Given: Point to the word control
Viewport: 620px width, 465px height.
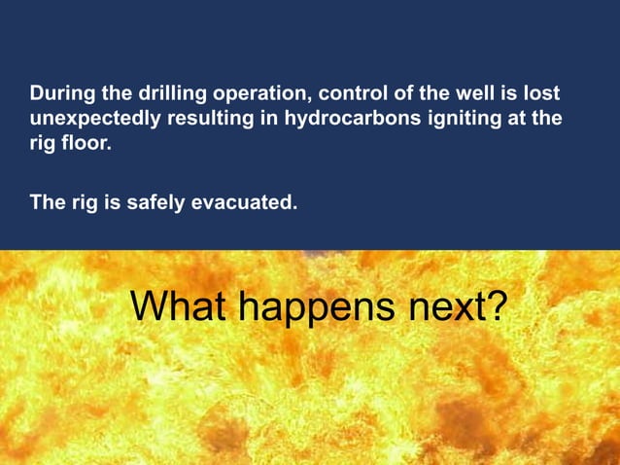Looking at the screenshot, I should [345, 95].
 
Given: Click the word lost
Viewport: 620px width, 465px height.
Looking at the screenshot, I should [541, 95].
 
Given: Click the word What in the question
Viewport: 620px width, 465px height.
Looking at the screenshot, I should [179, 306].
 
